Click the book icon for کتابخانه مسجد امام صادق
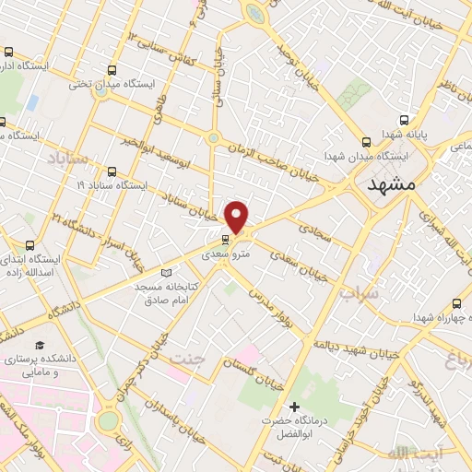point(167,272)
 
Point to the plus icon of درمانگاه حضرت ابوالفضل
point(295,407)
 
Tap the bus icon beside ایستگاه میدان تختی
point(112,69)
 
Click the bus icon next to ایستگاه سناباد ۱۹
point(112,171)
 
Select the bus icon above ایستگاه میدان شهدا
point(367,142)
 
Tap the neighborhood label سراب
point(353,292)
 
